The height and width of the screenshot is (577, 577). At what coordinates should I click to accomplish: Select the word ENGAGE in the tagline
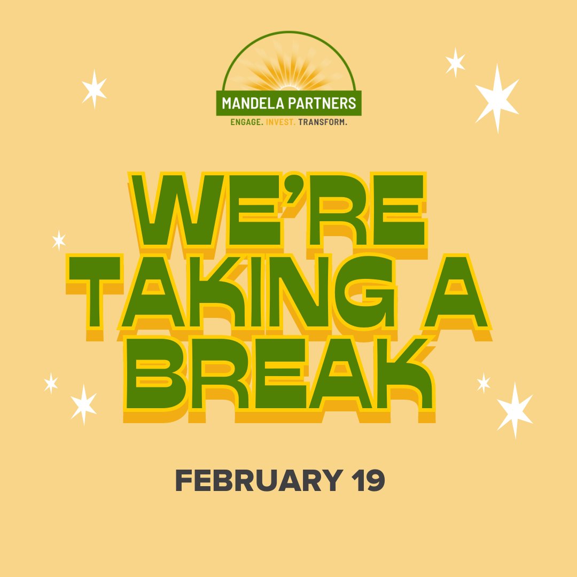(246, 122)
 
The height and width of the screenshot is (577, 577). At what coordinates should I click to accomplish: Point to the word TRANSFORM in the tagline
(323, 122)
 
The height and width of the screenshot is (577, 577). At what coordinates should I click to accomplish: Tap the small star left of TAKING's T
(59, 240)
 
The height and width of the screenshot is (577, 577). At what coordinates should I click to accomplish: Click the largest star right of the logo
(497, 98)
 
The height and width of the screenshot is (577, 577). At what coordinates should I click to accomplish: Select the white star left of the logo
(94, 89)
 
